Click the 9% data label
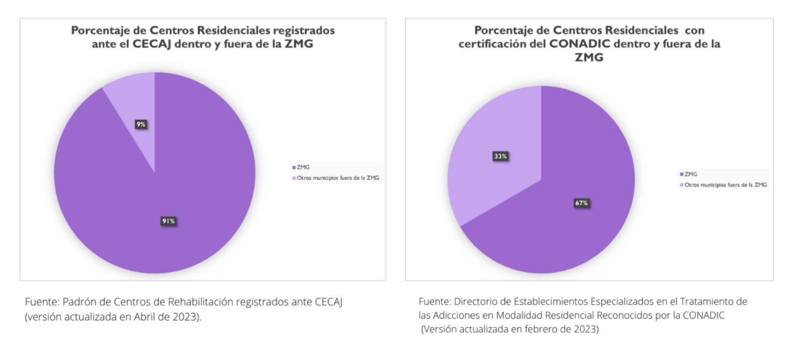141,125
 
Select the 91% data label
168,222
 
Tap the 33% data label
500,156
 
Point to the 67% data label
581,203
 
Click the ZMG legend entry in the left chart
303,167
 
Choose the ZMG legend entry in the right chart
690,174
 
